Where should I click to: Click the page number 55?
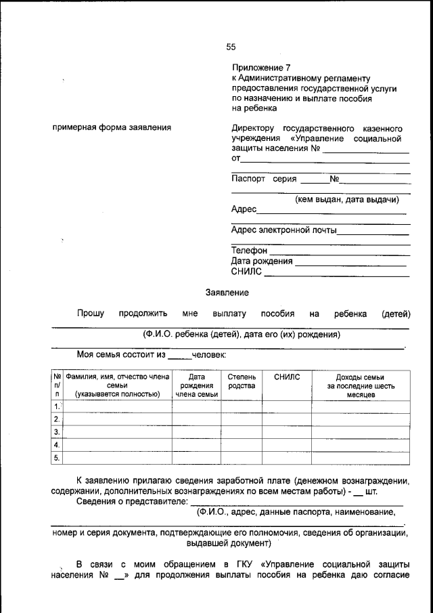[231, 47]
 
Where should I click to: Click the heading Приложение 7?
[260, 68]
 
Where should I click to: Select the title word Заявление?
[227, 293]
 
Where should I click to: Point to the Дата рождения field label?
[262, 261]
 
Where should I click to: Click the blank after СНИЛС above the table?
[336, 274]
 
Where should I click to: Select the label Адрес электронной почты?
[283, 230]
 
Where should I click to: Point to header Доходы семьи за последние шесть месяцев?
[361, 385]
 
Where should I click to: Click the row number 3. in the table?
[58, 432]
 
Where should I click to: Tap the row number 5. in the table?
[58, 458]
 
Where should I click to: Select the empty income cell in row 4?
[361, 445]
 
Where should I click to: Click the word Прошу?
[90, 314]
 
